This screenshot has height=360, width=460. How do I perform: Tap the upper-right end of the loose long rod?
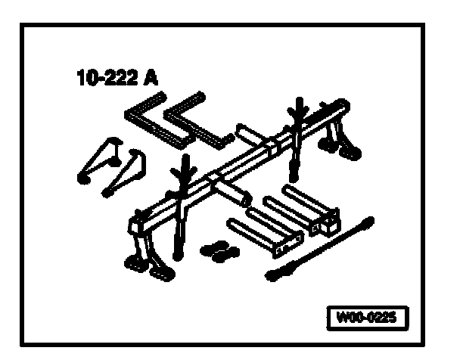click(x=369, y=222)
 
